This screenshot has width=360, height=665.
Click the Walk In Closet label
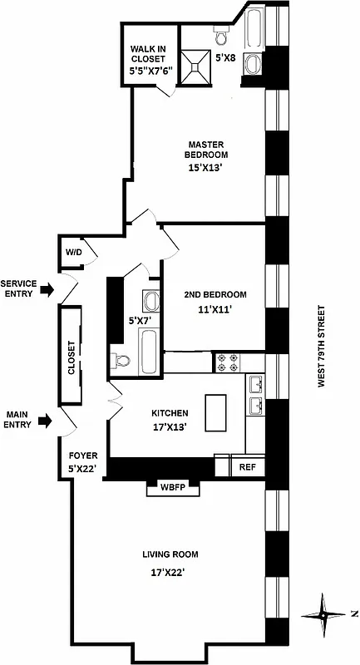[148, 60]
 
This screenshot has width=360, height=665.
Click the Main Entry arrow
[46, 421]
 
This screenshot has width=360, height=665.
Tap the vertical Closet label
[72, 357]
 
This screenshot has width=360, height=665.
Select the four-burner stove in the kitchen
[228, 362]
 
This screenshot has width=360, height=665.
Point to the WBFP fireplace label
[172, 489]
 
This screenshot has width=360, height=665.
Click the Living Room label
[170, 554]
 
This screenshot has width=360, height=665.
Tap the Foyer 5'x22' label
[83, 461]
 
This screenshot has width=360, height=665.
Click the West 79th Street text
[321, 345]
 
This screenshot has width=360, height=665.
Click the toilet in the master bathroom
[221, 37]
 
